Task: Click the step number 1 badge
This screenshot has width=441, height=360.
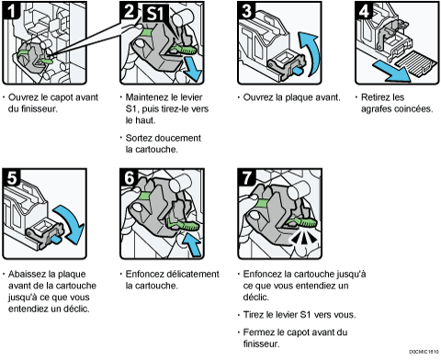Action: pos(11,10)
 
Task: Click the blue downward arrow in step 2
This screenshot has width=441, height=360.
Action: pos(192,69)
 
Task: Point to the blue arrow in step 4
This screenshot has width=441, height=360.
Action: pos(392,72)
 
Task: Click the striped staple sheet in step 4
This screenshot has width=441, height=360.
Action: pos(416,63)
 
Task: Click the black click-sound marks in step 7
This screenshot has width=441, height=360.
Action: pos(303,237)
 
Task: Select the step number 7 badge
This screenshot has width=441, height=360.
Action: pos(247,177)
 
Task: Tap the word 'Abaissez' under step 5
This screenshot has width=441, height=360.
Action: pos(28,274)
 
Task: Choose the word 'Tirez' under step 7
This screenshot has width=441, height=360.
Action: pos(254,314)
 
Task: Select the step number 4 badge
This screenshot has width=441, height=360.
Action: pos(364,10)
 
